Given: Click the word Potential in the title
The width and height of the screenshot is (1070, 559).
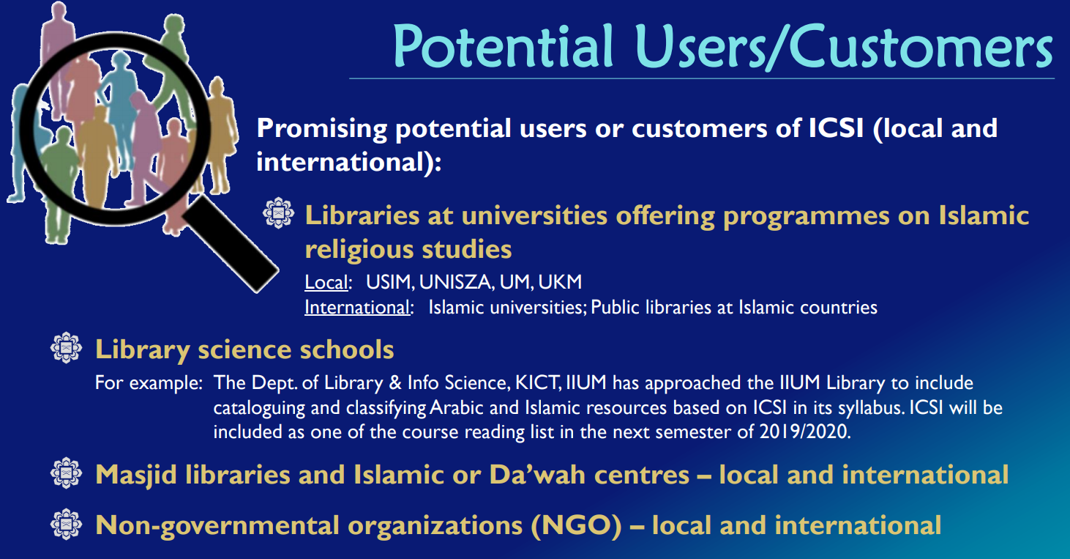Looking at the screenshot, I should [503, 45].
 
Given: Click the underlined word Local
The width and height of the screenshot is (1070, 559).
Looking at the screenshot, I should [326, 282].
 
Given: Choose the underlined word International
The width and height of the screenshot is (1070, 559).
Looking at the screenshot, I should [357, 307].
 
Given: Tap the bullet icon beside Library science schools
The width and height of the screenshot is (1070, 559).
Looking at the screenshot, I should [66, 349].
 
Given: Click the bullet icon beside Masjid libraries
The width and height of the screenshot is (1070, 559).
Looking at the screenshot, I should [66, 474].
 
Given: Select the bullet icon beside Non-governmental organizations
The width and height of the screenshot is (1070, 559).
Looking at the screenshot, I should [66, 525].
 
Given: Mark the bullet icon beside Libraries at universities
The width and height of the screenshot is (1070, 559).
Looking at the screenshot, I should [278, 214].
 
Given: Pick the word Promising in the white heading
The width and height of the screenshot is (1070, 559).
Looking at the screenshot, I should [322, 129].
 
